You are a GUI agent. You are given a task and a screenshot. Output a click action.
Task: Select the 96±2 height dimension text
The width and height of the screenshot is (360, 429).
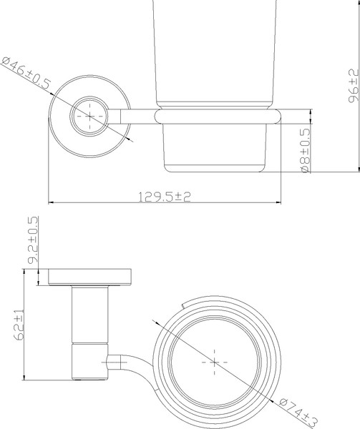tap(352, 87)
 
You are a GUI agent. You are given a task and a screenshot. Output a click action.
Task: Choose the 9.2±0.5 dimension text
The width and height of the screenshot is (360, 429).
tap(32, 242)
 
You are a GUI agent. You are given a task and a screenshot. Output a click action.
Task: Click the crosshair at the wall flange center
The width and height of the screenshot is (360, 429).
tap(89, 114)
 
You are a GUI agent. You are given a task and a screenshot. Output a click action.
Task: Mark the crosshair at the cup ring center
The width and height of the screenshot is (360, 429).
tap(214, 363)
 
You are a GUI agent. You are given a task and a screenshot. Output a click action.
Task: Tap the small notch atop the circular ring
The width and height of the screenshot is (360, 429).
tap(185, 306)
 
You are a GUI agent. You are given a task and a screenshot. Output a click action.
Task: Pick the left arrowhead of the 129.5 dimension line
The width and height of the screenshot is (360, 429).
tap(51, 202)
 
